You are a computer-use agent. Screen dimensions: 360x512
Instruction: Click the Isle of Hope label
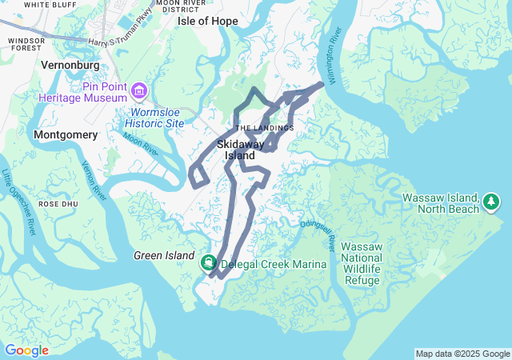pyautogui.click(x=207, y=21)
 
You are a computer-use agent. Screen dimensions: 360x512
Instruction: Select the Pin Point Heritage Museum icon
pyautogui.click(x=140, y=90)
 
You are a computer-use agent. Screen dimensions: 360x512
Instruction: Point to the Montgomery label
pyautogui.click(x=66, y=135)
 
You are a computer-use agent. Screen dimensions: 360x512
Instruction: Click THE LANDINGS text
pyautogui.click(x=265, y=128)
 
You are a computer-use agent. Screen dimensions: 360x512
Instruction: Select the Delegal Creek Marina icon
pyautogui.click(x=208, y=262)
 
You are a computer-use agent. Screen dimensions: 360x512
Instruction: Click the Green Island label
pyautogui.click(x=164, y=255)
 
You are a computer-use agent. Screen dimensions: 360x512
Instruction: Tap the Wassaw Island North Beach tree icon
pyautogui.click(x=492, y=203)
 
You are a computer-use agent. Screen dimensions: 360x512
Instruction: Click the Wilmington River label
pyautogui.click(x=338, y=48)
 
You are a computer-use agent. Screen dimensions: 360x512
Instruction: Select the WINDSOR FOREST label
pyautogui.click(x=26, y=44)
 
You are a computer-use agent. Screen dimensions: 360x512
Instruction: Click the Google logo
pyautogui.click(x=26, y=350)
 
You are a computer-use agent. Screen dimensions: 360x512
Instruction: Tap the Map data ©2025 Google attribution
pyautogui.click(x=462, y=354)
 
